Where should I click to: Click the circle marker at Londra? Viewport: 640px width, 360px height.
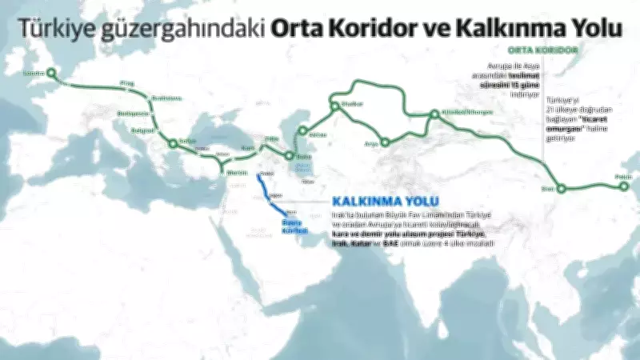point(51,73)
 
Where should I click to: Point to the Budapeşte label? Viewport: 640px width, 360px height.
point(130,114)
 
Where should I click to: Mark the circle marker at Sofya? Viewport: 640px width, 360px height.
point(172,144)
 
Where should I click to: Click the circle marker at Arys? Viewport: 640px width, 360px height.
point(385,143)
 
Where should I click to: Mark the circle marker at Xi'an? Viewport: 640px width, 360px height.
point(561,189)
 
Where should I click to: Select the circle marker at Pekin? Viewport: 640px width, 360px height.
point(624,187)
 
